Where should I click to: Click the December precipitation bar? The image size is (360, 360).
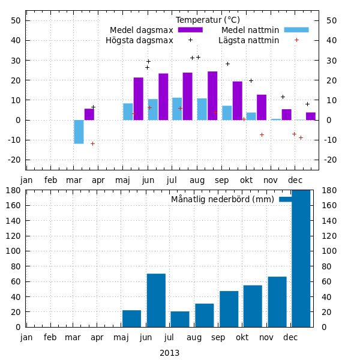(301, 259)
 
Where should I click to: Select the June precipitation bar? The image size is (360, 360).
(156, 300)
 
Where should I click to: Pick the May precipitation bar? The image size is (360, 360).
(131, 319)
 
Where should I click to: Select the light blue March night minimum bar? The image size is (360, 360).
(79, 131)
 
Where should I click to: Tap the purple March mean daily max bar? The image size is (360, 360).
(89, 114)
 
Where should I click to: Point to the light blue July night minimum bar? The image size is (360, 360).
(177, 109)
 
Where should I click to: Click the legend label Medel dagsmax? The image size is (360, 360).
(141, 30)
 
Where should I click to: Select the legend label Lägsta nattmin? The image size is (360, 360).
(248, 40)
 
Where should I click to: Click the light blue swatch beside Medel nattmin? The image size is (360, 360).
(296, 29)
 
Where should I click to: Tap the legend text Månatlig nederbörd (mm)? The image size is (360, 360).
(222, 199)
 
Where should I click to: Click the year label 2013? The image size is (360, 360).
(169, 353)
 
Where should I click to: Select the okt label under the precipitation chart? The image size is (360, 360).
(242, 337)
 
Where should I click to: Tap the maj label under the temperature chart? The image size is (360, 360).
(122, 179)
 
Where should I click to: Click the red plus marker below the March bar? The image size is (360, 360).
(92, 143)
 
